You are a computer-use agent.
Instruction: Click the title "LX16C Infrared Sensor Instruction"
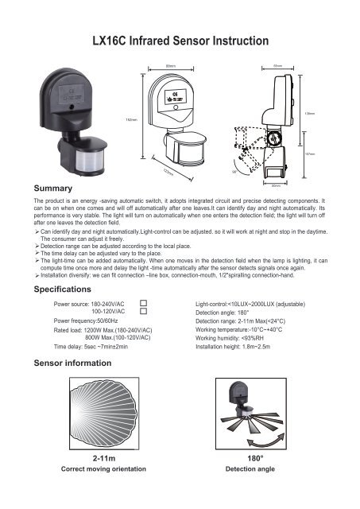(180, 39)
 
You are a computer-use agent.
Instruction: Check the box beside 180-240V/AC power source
(143, 303)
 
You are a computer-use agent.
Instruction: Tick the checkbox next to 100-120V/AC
(143, 312)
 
